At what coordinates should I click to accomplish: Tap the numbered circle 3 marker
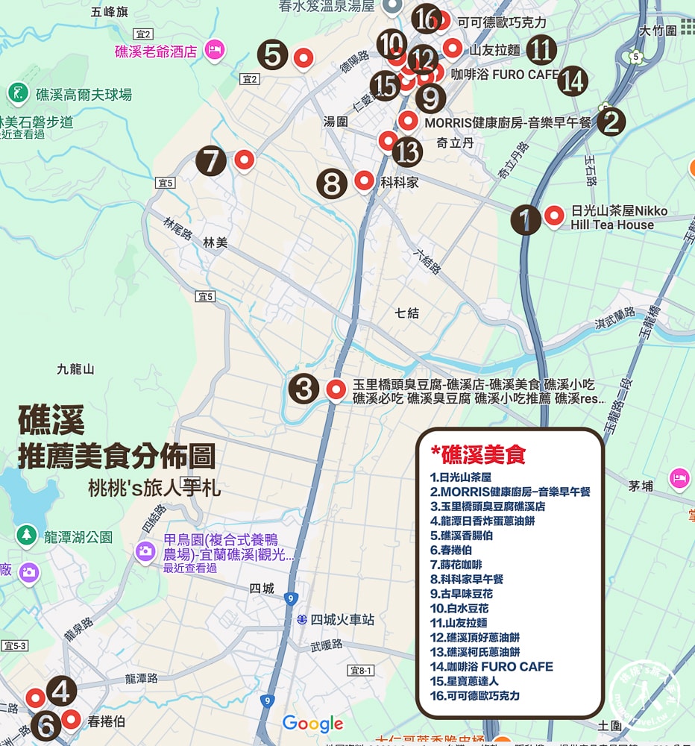pos(304,389)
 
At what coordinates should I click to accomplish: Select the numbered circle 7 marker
pos(211,161)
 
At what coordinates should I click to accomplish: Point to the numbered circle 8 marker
pos(332,183)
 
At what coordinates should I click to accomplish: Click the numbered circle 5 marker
pos(272,55)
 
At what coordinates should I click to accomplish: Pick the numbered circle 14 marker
pos(572,81)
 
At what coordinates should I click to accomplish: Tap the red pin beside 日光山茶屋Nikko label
pos(554,216)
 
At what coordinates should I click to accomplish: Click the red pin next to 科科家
pos(364,180)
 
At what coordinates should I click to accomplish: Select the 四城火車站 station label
pos(342,620)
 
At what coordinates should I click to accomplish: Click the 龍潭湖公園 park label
pos(78,536)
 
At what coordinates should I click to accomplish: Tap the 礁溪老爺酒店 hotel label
pos(156,51)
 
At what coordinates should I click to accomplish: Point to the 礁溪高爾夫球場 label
pos(84,95)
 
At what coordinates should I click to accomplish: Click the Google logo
pos(312,723)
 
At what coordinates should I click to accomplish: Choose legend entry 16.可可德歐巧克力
pos(475,695)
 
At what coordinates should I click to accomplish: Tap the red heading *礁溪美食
pos(479,454)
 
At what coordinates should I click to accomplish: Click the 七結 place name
pos(407,313)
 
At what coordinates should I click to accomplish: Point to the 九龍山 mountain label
pos(76,369)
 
